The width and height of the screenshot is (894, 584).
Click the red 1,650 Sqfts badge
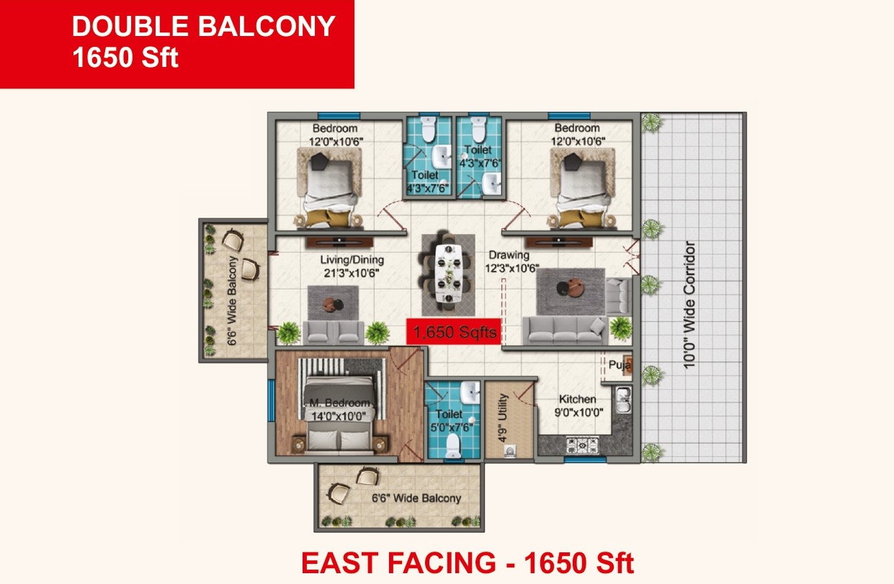coord(453,331)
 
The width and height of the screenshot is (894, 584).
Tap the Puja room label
coord(620,364)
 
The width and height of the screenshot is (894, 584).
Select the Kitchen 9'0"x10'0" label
coord(578,405)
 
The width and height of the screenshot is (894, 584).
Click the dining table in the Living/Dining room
coord(449,273)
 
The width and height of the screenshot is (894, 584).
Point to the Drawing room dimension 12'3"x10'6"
coord(511,268)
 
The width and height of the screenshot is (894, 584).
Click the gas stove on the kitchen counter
coord(582,445)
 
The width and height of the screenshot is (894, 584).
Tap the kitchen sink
coord(623,400)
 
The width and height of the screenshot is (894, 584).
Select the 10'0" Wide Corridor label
coord(689,305)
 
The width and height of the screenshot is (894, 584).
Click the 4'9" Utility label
coord(503,418)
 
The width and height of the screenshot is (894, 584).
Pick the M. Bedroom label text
coord(339,403)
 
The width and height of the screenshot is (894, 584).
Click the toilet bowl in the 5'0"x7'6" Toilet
coord(452,446)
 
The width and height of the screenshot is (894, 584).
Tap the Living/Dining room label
coord(352,260)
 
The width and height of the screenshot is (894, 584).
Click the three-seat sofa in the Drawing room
coord(565,331)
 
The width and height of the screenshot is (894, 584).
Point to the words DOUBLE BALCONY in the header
coord(204,27)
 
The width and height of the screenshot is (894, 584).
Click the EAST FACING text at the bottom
coord(398,563)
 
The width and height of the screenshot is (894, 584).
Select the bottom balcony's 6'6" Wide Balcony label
coord(416,498)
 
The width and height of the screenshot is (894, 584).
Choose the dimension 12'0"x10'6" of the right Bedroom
coord(578,141)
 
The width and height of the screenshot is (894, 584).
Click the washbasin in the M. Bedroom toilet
coord(470,392)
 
